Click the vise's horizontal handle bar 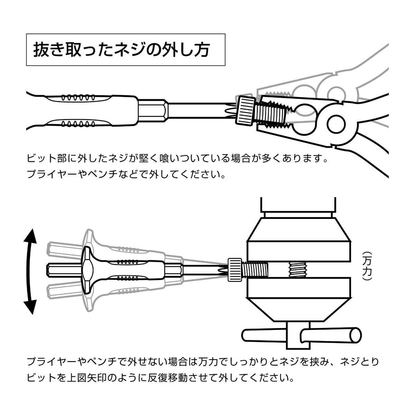click(301, 335)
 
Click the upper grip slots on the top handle click(78, 97)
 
